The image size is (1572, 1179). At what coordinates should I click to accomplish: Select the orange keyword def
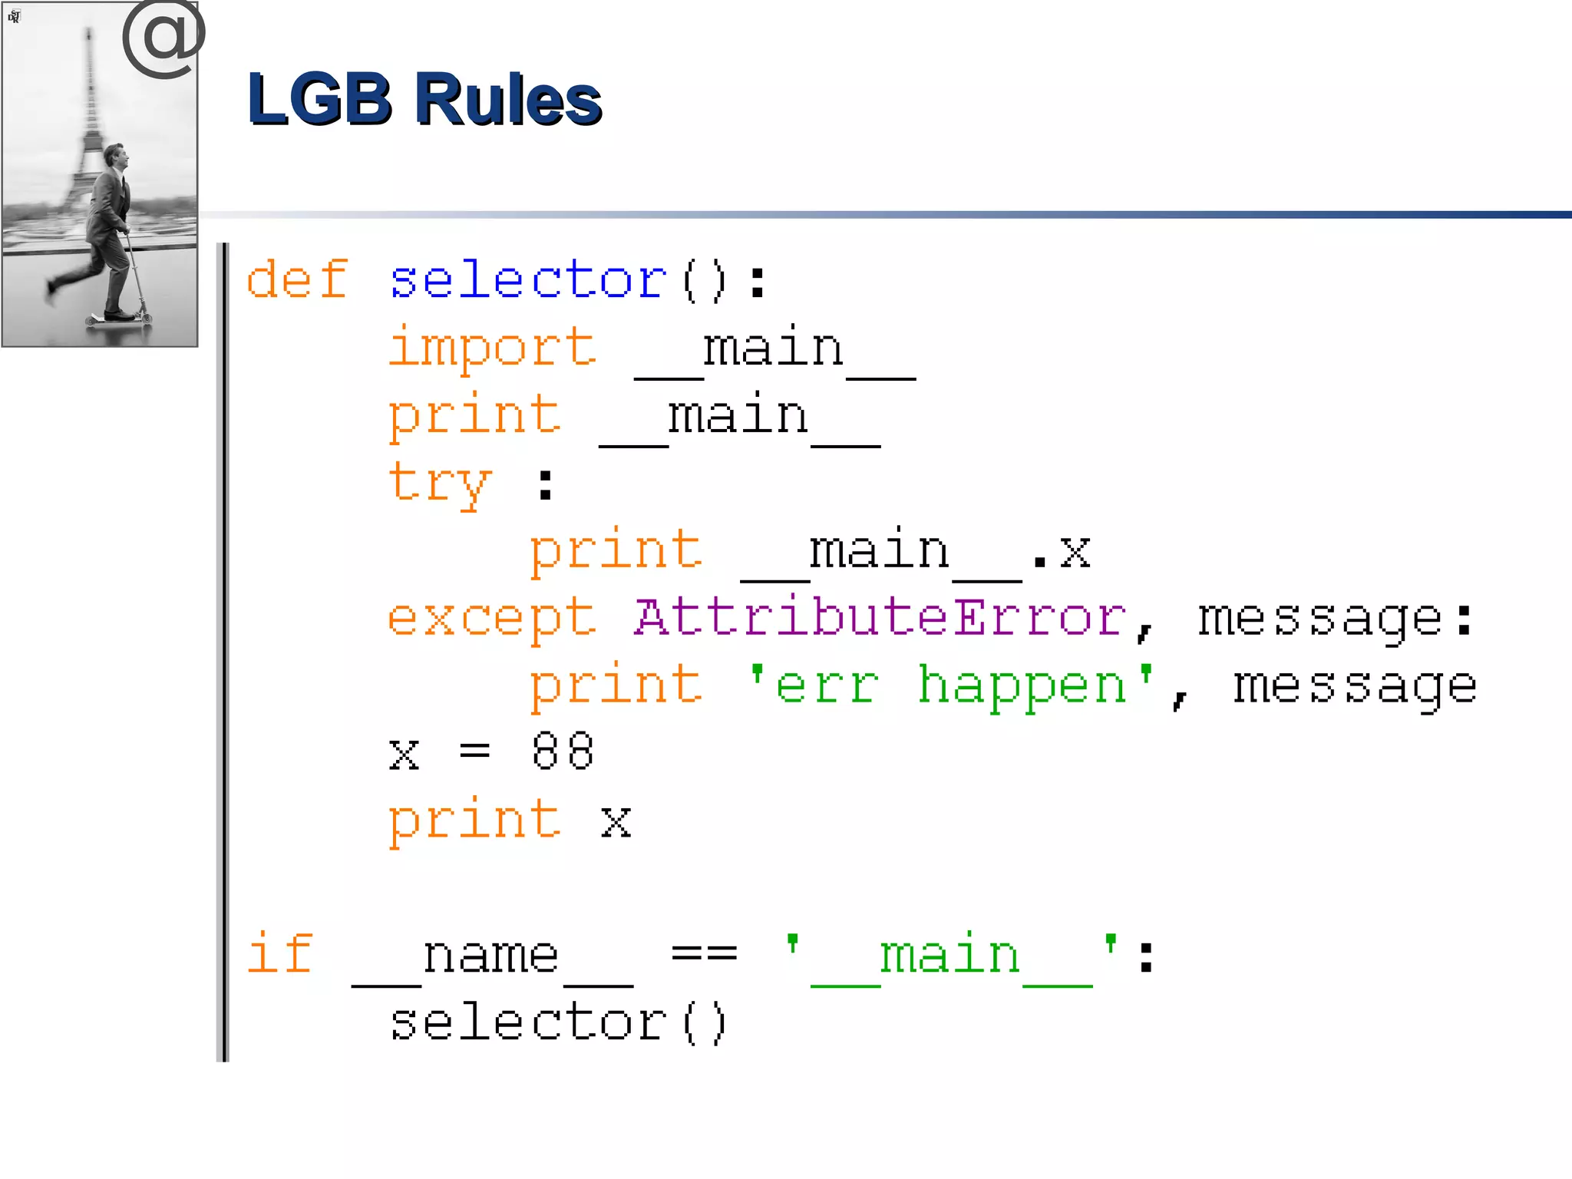coord(296,279)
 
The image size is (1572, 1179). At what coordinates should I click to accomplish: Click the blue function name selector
coord(528,279)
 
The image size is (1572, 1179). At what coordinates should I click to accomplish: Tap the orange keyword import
coord(492,348)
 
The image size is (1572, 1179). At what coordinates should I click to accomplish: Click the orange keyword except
coord(492,619)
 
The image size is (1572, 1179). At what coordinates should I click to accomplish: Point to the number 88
coord(563,751)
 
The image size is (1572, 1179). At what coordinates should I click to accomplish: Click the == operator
coord(704,954)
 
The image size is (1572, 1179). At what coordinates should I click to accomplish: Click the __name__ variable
coord(492,958)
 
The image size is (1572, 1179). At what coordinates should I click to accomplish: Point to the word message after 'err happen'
coord(1355,686)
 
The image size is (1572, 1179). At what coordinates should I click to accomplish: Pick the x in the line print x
coord(616,822)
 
